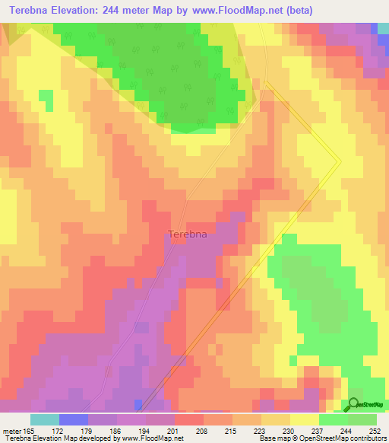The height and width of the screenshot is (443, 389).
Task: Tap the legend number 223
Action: [x=263, y=432]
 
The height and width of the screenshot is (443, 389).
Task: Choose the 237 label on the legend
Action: [x=320, y=432]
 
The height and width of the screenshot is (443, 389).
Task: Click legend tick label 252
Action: [x=376, y=432]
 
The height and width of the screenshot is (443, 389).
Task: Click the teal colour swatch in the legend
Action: [x=44, y=419]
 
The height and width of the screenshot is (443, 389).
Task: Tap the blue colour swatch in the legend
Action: [x=73, y=419]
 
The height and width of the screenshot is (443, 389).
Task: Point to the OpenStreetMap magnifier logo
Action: [x=354, y=404]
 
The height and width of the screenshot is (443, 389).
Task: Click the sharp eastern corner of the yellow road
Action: [x=339, y=161]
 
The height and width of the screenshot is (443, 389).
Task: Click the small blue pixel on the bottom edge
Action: [x=138, y=403]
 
